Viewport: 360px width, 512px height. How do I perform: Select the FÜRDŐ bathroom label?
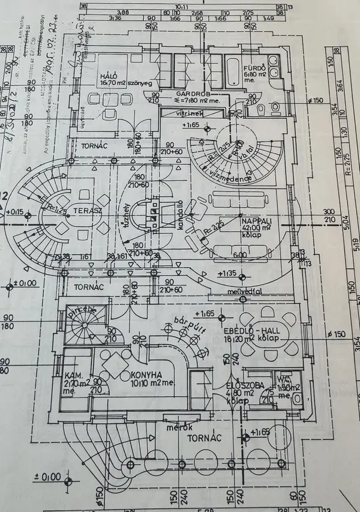click(x=251, y=68)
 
